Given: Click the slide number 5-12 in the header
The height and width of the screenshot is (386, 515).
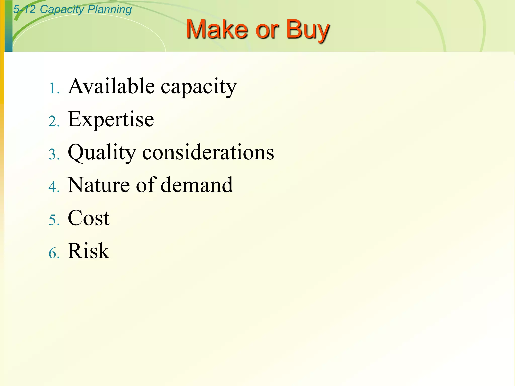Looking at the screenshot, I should (24, 9).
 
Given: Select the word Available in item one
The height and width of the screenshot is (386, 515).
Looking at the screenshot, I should (111, 86).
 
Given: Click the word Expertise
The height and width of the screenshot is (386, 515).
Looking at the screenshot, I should (111, 120).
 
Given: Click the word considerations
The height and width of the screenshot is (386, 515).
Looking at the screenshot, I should (208, 153).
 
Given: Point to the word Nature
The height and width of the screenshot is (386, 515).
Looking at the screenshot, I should (99, 185).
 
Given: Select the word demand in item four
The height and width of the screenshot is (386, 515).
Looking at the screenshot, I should (197, 185).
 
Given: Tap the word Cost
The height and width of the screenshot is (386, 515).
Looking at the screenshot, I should (89, 218).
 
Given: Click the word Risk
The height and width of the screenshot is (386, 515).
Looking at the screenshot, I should (89, 251).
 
